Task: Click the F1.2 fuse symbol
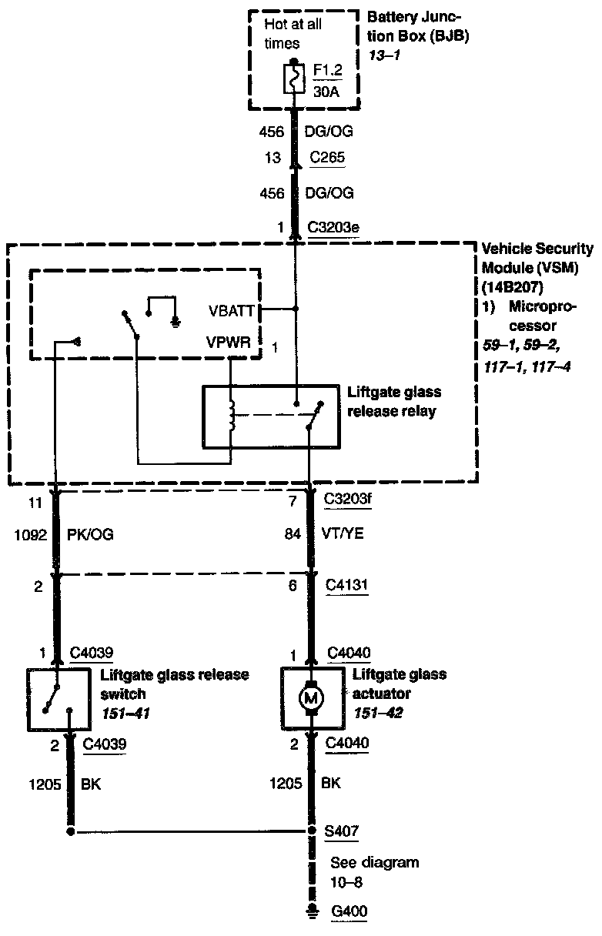click(x=293, y=78)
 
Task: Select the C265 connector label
click(x=326, y=159)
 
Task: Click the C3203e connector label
click(x=333, y=228)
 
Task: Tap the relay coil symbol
click(x=231, y=416)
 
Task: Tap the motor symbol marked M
click(x=313, y=697)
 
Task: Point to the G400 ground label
click(x=349, y=912)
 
